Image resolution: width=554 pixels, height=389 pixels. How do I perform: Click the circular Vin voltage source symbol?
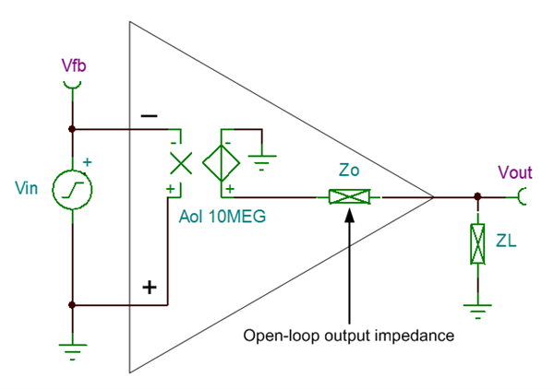click(x=72, y=188)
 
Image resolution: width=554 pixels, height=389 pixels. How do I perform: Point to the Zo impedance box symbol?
click(x=350, y=196)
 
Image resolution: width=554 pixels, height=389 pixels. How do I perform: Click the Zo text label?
click(x=350, y=172)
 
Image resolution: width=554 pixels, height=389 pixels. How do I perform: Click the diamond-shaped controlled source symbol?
click(x=223, y=163)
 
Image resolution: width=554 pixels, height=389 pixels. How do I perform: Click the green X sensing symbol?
click(x=181, y=163)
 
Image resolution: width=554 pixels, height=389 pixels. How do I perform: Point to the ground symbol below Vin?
click(x=72, y=349)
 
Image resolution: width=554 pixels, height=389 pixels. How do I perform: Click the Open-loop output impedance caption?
click(x=349, y=336)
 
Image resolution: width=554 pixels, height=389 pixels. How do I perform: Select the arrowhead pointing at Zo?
click(x=350, y=211)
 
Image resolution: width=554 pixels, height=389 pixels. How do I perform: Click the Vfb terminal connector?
click(x=71, y=84)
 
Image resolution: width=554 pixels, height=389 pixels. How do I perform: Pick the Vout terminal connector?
click(x=522, y=196)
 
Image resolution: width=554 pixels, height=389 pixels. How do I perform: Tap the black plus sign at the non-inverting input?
click(x=149, y=287)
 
